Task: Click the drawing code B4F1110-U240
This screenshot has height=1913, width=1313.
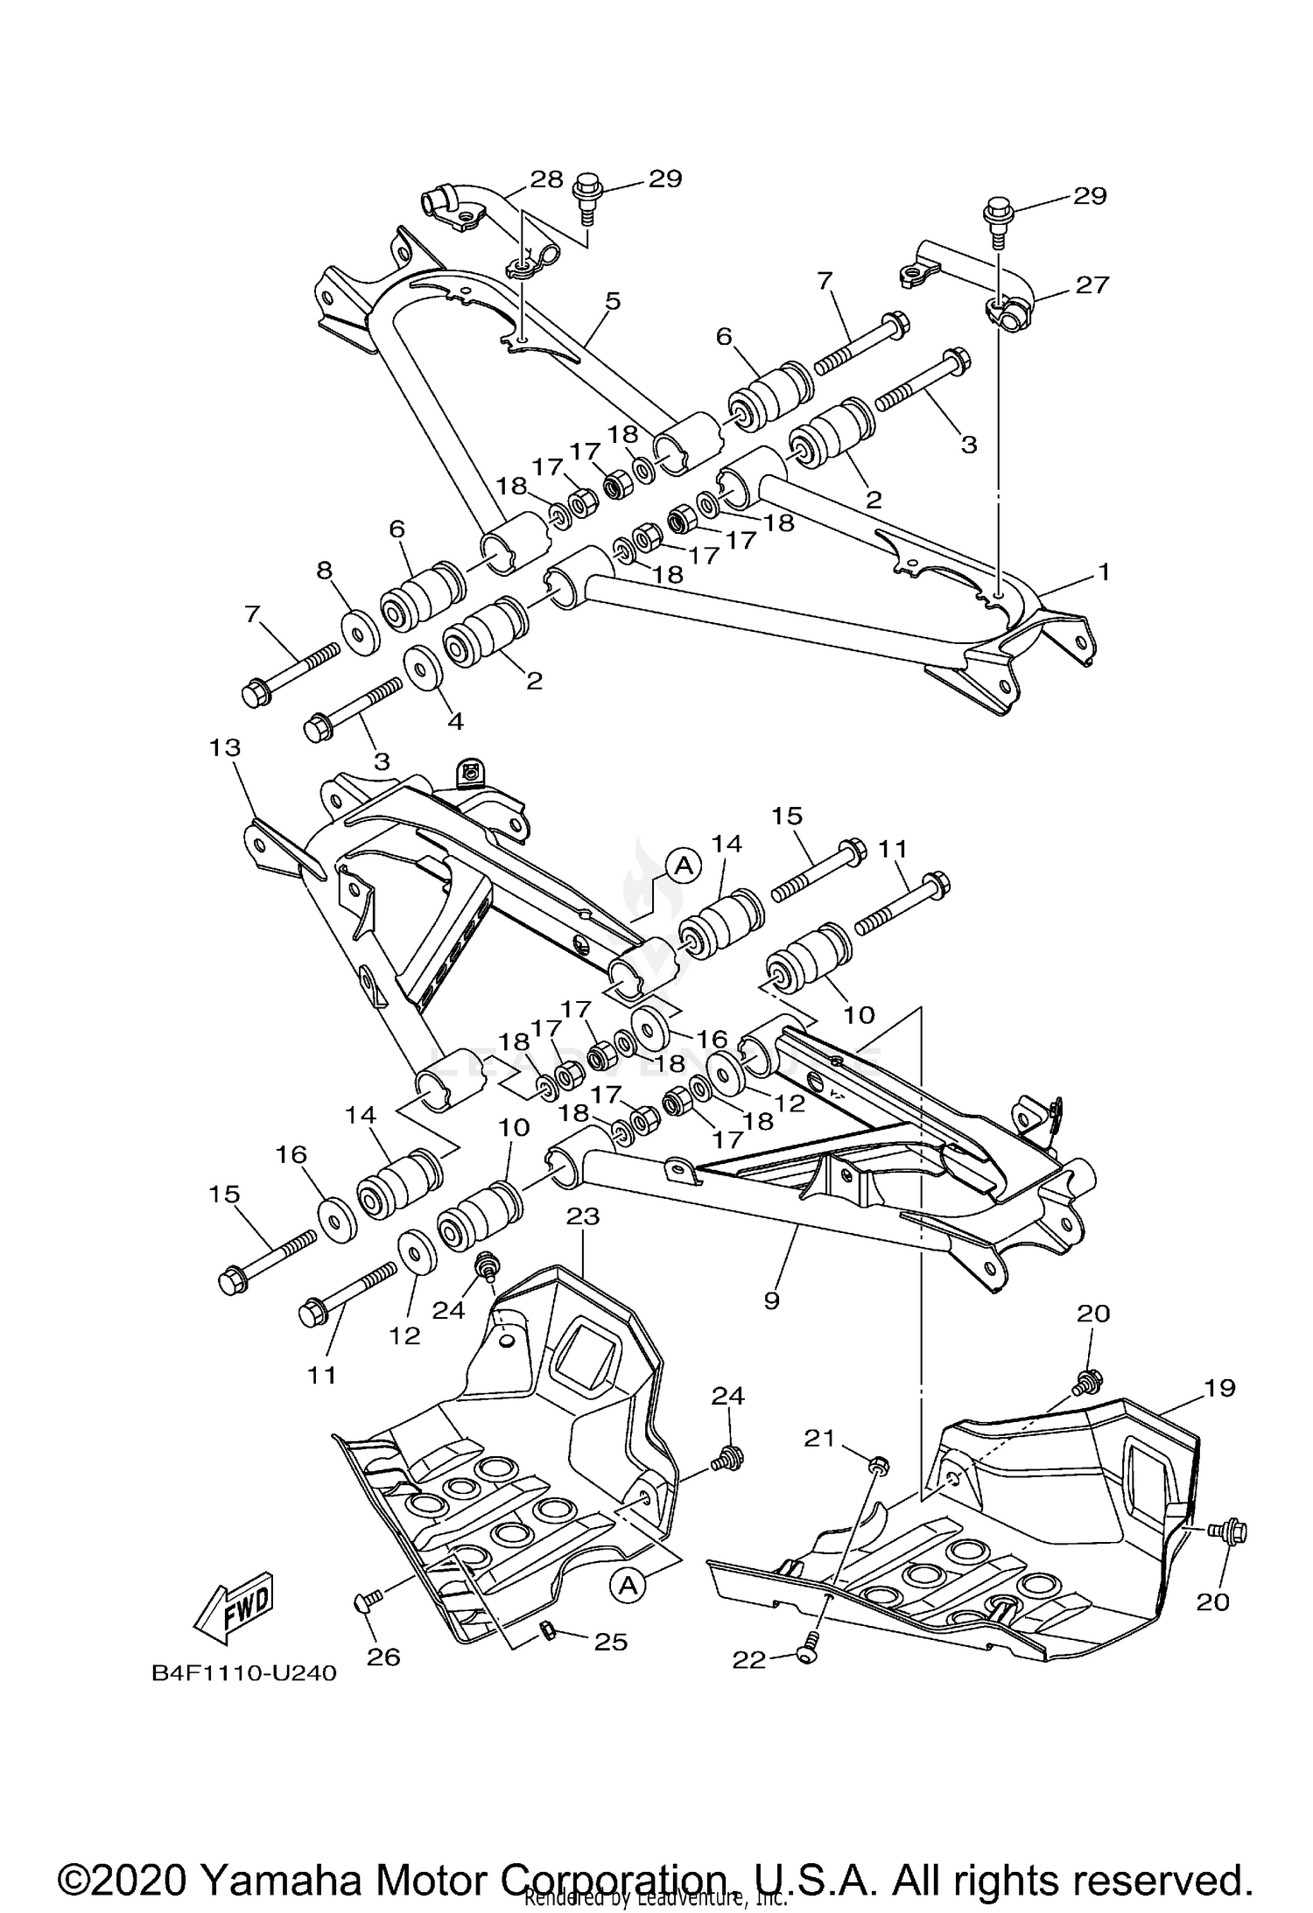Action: [x=244, y=1673]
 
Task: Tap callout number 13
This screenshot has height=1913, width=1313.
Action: [x=225, y=748]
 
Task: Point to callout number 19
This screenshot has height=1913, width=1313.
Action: [x=1218, y=1387]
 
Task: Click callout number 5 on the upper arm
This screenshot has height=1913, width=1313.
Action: [x=612, y=301]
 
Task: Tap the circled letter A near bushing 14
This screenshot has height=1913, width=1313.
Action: [x=685, y=865]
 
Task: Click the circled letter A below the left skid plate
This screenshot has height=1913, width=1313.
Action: [x=627, y=1585]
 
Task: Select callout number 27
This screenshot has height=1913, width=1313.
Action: [x=1092, y=284]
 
